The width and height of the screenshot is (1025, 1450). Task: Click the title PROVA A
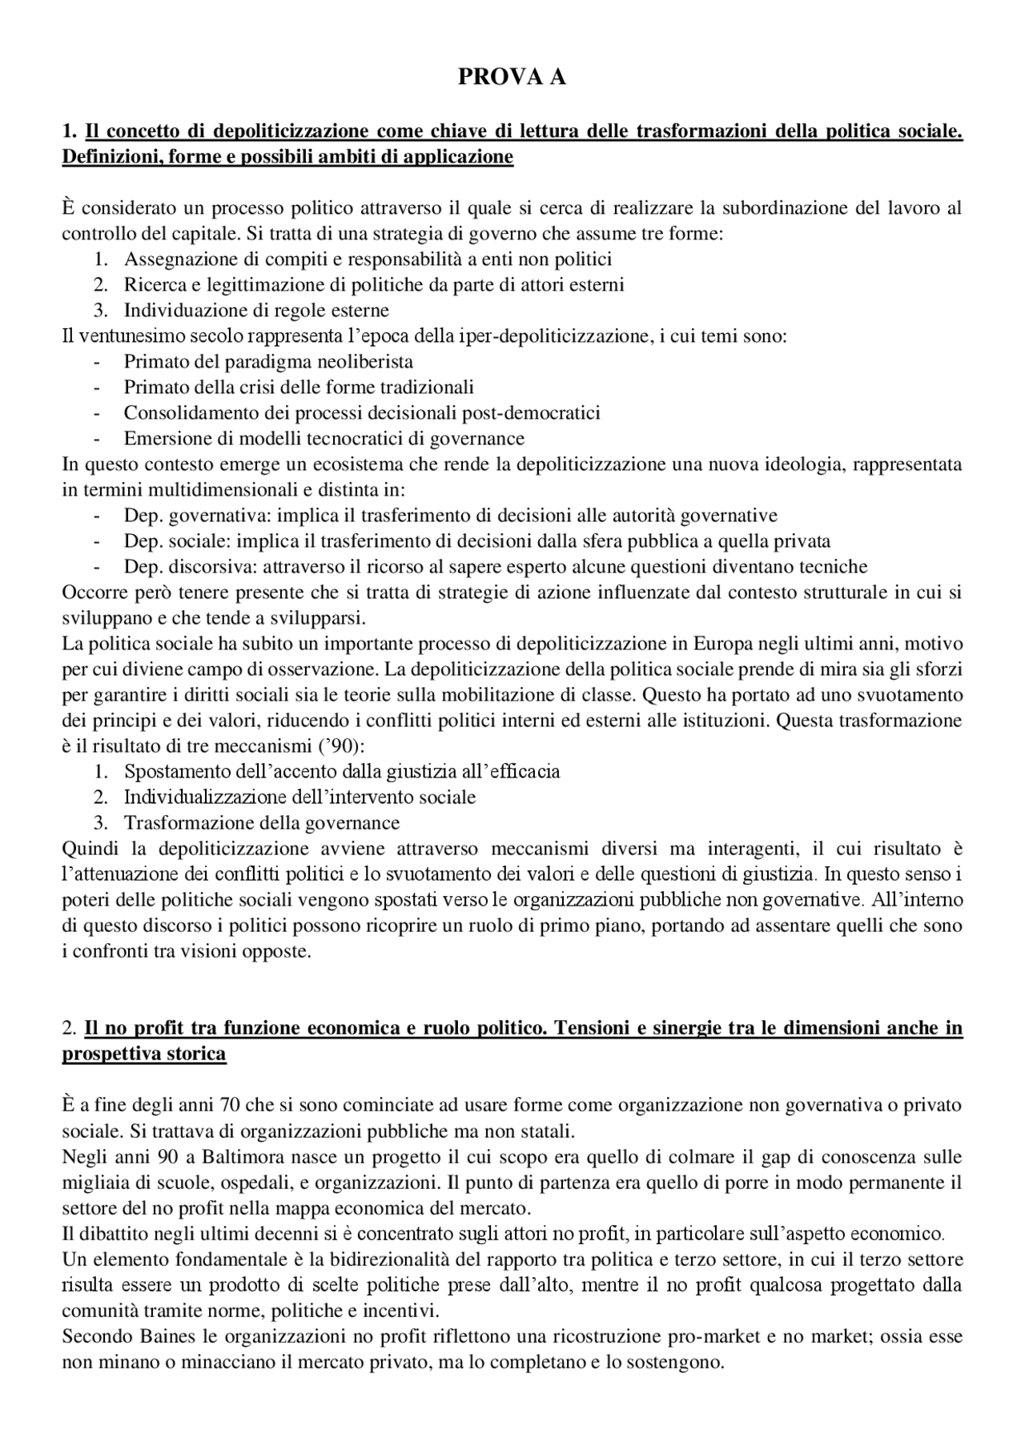512,77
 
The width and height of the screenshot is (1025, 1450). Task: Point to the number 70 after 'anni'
227,1106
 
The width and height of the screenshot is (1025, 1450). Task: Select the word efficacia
525,771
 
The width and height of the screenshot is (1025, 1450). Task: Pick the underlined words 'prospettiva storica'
144,1054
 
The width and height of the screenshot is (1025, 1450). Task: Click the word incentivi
407,1311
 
